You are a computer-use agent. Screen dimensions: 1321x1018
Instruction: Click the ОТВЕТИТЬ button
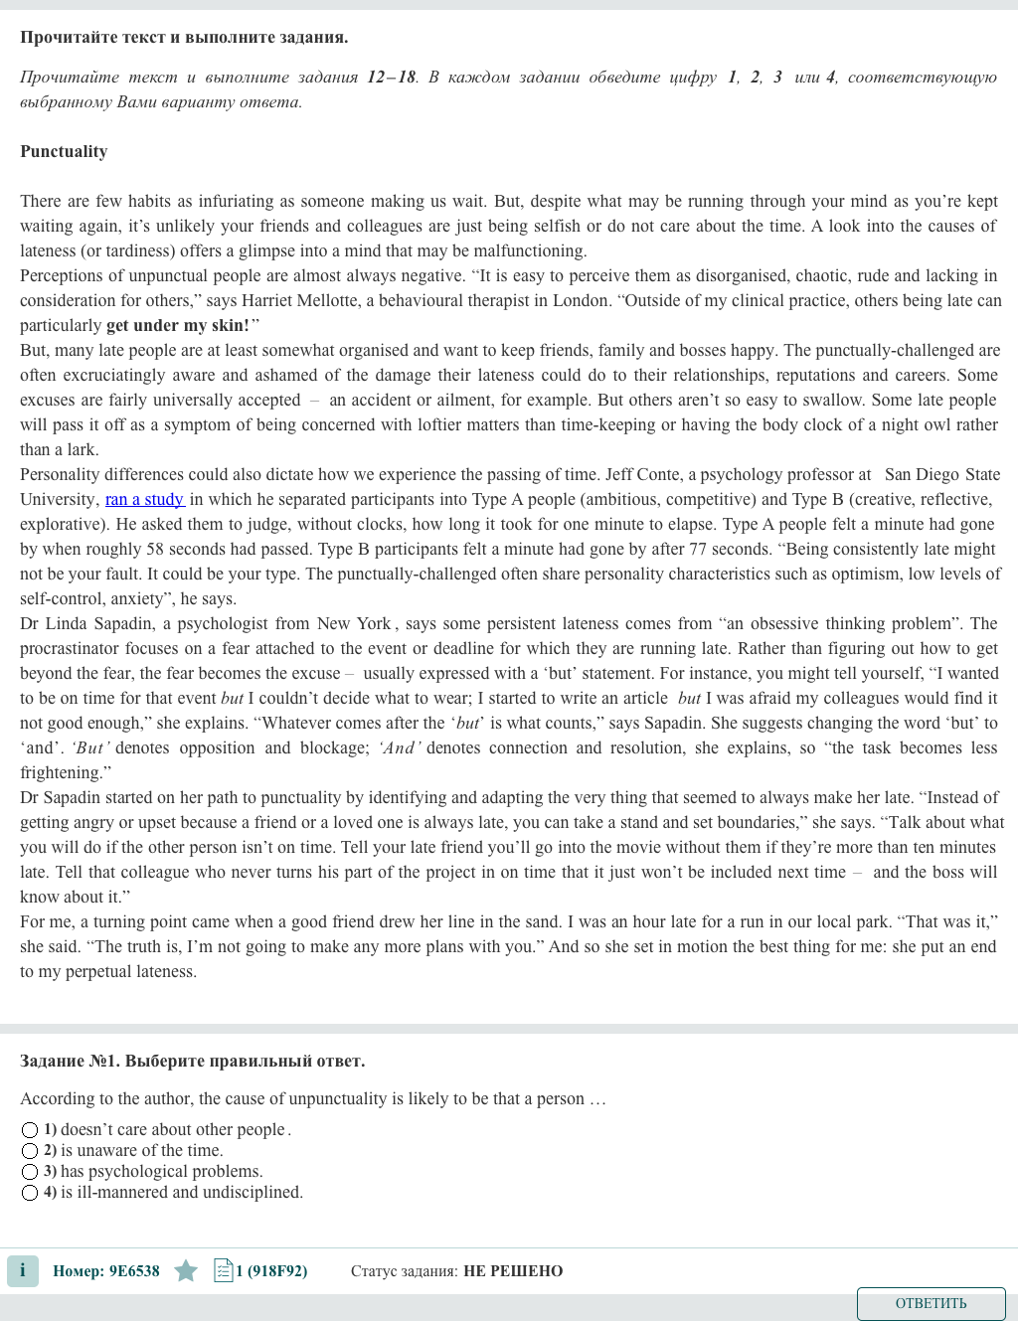931,1303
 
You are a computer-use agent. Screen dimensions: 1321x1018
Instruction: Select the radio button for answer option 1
30,1130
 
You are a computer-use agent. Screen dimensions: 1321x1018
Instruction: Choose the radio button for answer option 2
30,1151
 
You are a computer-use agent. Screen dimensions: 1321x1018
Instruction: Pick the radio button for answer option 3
30,1172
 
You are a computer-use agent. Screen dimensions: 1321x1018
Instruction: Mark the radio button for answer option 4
30,1193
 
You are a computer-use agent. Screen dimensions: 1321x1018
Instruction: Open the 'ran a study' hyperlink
144,499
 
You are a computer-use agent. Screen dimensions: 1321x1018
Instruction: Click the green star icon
186,1270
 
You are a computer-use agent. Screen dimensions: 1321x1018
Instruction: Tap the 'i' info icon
23,1270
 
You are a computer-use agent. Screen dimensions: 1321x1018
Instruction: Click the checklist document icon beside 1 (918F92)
223,1270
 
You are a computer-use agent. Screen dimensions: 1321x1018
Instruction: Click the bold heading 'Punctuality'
64,151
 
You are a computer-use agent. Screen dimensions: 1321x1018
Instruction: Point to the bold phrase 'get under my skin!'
178,325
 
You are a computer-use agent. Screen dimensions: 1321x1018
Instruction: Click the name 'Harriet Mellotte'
296,300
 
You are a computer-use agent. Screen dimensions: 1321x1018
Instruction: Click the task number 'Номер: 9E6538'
105,1271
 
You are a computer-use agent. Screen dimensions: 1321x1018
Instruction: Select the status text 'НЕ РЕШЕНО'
513,1271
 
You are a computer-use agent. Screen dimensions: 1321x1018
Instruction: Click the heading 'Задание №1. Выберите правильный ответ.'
192,1061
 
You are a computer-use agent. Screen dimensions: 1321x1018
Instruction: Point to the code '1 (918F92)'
271,1271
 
